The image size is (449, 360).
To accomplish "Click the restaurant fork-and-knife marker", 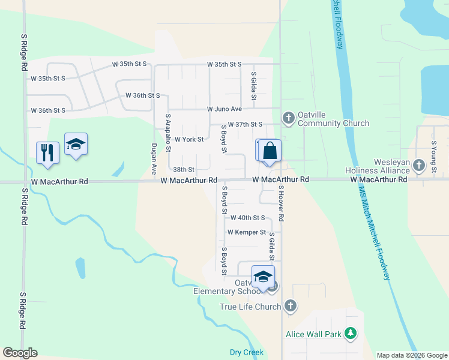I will pyautogui.click(x=47, y=152).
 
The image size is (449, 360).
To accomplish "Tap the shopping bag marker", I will pyautogui.click(x=270, y=151).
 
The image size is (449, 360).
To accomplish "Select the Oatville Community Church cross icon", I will pyautogui.click(x=288, y=117).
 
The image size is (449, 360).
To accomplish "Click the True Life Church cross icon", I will pyautogui.click(x=290, y=306).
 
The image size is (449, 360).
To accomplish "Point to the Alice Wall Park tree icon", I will pyautogui.click(x=351, y=334).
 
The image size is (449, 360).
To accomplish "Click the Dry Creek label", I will pyautogui.click(x=246, y=352).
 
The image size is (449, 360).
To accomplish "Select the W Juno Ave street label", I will pyautogui.click(x=224, y=109).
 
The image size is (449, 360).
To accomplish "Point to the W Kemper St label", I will pyautogui.click(x=246, y=232).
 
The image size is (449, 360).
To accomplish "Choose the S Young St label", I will pyautogui.click(x=433, y=157).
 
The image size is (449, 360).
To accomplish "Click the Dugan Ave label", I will pyautogui.click(x=154, y=158).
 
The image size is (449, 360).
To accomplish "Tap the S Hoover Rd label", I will pyautogui.click(x=280, y=203).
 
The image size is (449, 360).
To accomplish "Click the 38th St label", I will pyautogui.click(x=184, y=170).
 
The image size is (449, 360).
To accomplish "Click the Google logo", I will pyautogui.click(x=20, y=353).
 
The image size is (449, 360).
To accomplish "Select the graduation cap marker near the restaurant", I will pyautogui.click(x=76, y=145).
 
